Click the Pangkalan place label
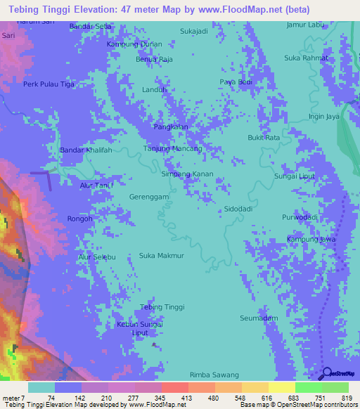click(171, 126)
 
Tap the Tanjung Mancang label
click(173, 149)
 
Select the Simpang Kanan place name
click(187, 174)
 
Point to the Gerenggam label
click(149, 197)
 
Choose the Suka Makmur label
click(161, 255)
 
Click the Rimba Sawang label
click(214, 375)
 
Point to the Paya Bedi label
click(236, 82)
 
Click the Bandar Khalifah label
click(86, 150)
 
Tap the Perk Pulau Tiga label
click(49, 84)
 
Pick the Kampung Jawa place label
click(311, 240)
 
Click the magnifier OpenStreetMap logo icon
click(327, 373)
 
